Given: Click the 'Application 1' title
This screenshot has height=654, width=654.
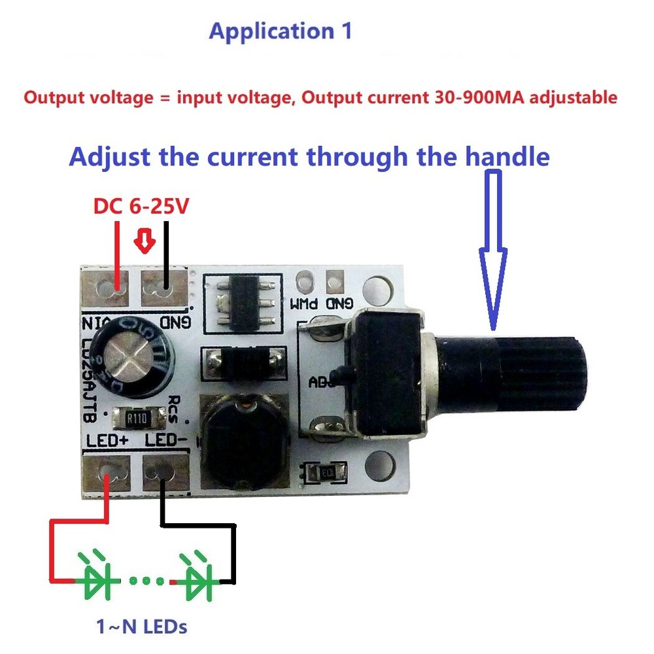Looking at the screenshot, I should pos(281,31).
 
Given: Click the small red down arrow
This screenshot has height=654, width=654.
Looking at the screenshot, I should pos(145,242).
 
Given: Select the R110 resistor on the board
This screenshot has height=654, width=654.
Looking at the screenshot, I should pos(134,417).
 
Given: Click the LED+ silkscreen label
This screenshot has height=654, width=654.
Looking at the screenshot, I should pos(107,441).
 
